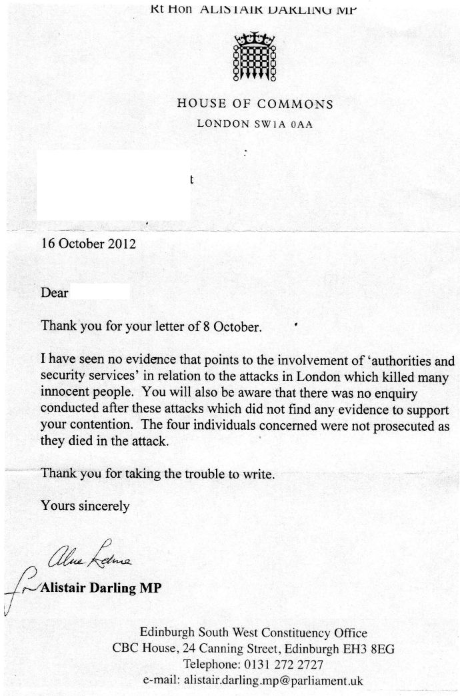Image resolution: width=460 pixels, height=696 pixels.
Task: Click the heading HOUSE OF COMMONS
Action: click(255, 104)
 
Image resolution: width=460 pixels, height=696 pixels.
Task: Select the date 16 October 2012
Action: click(89, 244)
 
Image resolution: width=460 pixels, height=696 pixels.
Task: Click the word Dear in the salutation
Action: click(55, 292)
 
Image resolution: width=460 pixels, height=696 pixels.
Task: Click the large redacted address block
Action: click(113, 185)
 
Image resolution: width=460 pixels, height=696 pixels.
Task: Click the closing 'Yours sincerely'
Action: click(85, 506)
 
